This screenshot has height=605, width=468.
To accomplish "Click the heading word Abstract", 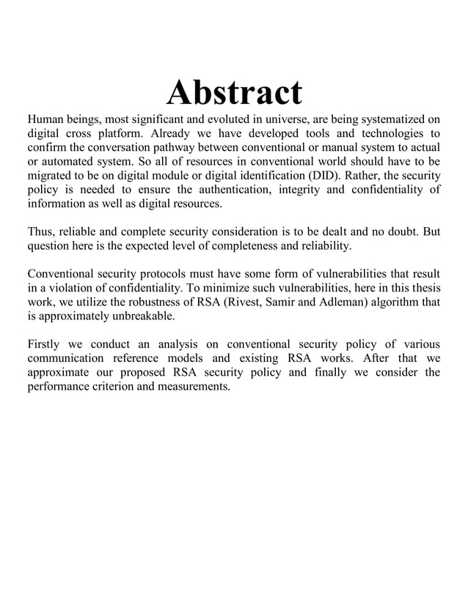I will click(234, 93).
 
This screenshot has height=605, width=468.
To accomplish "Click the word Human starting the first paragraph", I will click(46, 119).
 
